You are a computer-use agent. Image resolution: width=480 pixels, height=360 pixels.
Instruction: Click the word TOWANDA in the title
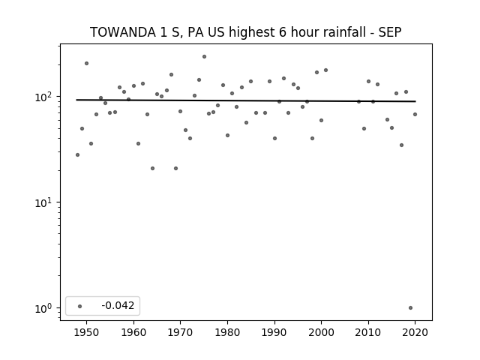pos(123,32)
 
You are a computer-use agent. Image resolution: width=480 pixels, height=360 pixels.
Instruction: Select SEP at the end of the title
pos(390,32)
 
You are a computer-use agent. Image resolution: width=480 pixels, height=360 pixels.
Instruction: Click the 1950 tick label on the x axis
pos(87,332)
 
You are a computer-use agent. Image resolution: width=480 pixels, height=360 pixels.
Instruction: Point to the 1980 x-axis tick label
pos(227,332)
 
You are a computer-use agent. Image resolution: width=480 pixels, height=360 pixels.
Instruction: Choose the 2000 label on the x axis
pos(321,332)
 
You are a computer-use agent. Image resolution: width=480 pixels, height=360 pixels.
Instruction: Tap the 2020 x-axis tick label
pos(415,332)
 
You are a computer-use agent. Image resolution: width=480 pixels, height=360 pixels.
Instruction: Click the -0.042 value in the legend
pos(118,305)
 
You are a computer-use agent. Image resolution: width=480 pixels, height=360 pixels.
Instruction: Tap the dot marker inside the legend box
pos(80,306)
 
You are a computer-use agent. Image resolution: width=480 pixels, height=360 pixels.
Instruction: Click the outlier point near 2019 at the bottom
pos(410,308)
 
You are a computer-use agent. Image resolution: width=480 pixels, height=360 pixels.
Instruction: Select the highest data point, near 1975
pos(204,57)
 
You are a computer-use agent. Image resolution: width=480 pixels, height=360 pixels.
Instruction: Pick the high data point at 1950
pos(87,63)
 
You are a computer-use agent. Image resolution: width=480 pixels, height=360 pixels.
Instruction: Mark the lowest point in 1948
pos(77,155)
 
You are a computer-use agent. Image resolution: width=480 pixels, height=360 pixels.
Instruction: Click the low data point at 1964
pos(152,168)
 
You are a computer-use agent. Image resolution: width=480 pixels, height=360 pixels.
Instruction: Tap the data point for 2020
pos(415,115)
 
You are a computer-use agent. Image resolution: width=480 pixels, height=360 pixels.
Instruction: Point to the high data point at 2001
pos(325,70)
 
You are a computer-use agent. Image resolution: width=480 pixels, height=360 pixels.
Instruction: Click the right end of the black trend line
pos(415,101)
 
